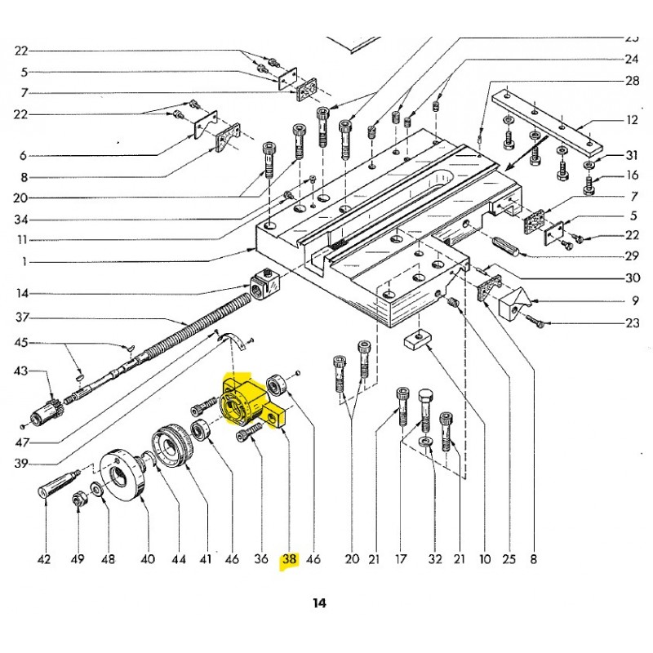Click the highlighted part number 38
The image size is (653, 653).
point(290,560)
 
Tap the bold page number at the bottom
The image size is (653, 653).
point(318,603)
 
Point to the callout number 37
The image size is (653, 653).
point(22,317)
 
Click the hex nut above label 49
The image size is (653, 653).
point(77,502)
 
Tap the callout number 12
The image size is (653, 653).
point(632,120)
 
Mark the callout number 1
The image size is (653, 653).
point(25,262)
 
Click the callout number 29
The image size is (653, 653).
point(632,256)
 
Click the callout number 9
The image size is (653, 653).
point(634,300)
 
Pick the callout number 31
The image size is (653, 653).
point(632,156)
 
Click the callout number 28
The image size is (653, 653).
point(632,81)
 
